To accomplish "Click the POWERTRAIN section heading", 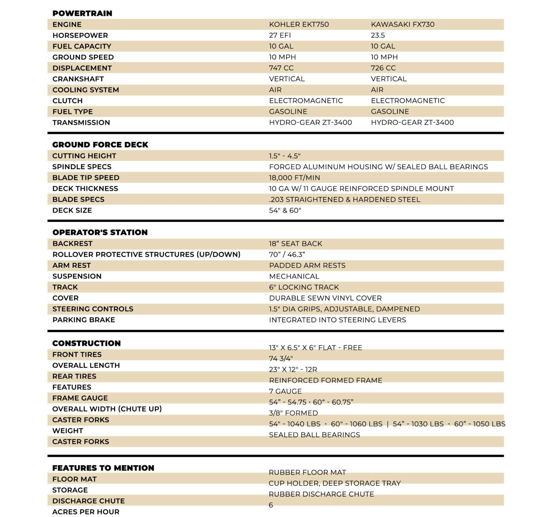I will click(x=82, y=13).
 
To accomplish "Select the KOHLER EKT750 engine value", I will click(x=299, y=24).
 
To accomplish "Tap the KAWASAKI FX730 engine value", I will click(x=402, y=24).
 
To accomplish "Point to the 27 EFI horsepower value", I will click(x=280, y=35).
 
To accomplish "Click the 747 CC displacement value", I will click(x=281, y=68).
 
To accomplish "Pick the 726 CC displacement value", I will click(x=383, y=68).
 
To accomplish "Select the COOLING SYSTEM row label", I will click(x=86, y=90).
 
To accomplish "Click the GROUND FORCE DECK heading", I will click(x=100, y=145).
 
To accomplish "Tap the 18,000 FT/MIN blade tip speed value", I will click(x=294, y=178).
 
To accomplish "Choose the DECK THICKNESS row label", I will click(x=85, y=188).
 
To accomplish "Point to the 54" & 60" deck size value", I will click(x=285, y=211).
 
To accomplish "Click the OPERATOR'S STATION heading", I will click(x=100, y=232).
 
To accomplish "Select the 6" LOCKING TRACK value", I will click(x=304, y=287).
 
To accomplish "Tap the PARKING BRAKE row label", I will click(x=83, y=320).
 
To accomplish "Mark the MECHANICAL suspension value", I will click(x=294, y=276).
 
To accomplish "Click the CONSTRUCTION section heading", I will click(x=86, y=343).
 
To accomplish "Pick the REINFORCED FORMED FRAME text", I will click(x=325, y=380).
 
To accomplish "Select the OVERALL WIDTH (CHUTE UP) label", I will click(x=107, y=409).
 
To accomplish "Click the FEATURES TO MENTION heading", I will click(x=103, y=468).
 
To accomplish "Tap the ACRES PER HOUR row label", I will click(x=86, y=512).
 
